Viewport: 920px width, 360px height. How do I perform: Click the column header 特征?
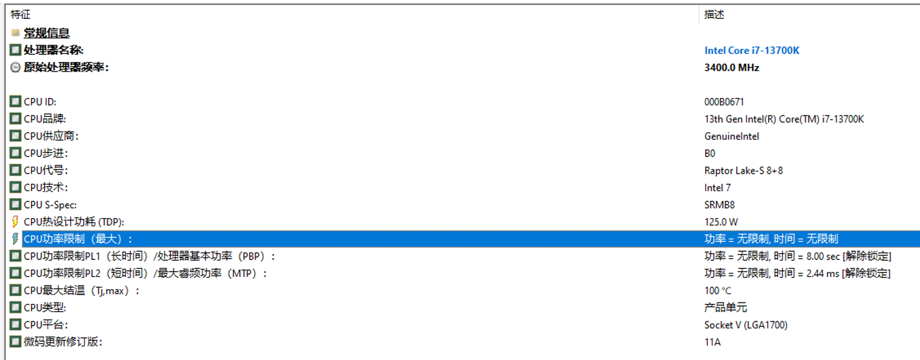tap(20, 14)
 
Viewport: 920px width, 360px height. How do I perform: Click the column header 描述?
tap(714, 14)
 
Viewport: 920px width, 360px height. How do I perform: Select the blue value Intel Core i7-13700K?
tap(752, 51)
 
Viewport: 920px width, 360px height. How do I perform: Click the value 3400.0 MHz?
tap(732, 68)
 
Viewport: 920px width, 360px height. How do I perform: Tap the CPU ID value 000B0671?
tap(724, 102)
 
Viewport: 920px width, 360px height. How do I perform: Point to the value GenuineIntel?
tap(732, 136)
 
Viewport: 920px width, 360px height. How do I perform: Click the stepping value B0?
tap(710, 153)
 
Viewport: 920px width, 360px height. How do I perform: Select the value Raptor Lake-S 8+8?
tap(744, 171)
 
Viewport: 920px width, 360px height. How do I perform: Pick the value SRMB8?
tap(719, 205)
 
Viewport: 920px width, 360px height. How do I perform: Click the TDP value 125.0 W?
tap(721, 222)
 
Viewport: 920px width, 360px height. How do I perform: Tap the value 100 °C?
tap(718, 290)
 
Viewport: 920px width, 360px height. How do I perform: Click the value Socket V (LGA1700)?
tap(746, 325)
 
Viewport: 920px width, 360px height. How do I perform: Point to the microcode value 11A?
tap(713, 342)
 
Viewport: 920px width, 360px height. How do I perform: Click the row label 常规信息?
tap(47, 33)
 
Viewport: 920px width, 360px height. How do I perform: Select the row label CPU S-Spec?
tap(50, 205)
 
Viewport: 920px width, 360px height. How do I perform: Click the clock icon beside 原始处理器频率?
tap(16, 68)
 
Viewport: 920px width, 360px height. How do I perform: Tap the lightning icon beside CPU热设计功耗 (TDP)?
tap(16, 222)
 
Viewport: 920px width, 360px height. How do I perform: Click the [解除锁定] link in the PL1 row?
tap(866, 256)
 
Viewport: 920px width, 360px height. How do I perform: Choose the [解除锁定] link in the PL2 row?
tap(866, 274)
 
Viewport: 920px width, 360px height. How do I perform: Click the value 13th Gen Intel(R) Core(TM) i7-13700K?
tap(784, 120)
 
